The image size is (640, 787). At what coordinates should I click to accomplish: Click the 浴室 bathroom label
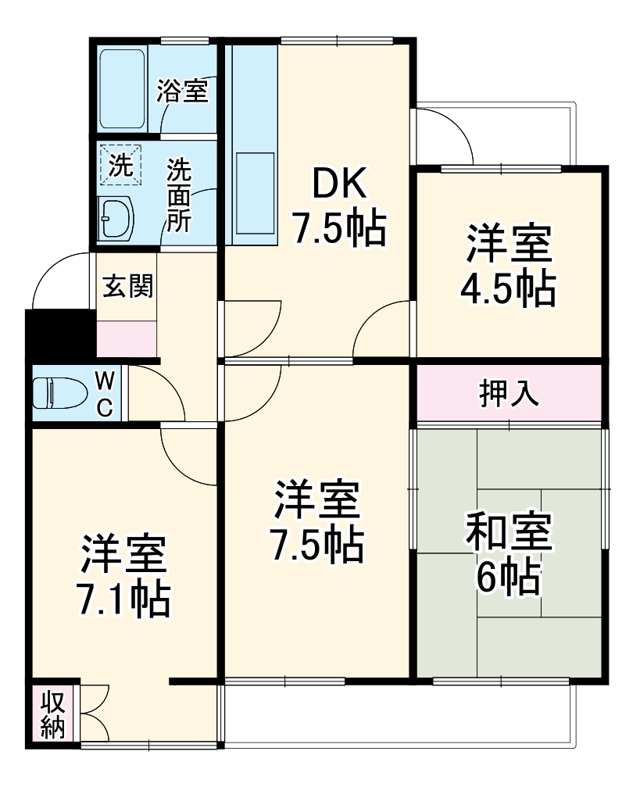point(182,91)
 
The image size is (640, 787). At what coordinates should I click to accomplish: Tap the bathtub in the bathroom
point(123,88)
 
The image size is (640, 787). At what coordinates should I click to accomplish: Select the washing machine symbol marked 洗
point(120,165)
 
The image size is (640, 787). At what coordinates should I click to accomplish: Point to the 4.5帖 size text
point(509,290)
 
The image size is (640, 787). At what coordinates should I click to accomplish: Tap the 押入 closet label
point(509,394)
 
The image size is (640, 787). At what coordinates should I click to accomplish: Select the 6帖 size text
point(509,578)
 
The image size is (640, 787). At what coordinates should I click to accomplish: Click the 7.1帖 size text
point(125,599)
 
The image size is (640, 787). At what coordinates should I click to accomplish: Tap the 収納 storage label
point(53,712)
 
